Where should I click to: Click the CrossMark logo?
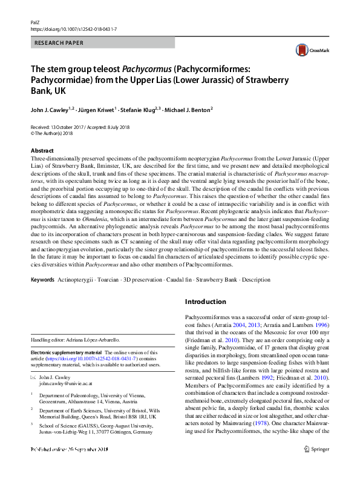tap(309, 51)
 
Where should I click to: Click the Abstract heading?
tap(42, 151)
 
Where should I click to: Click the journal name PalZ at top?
tap(35, 21)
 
